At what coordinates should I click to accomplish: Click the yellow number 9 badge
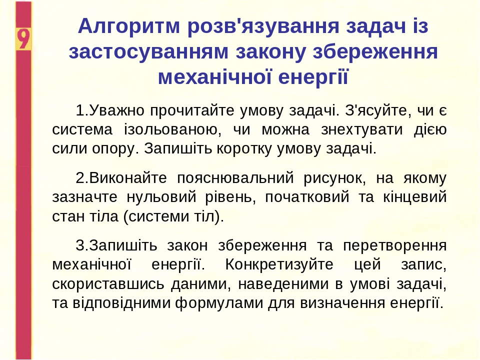(23, 39)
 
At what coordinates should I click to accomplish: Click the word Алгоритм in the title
(129, 27)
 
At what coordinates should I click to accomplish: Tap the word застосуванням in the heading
(148, 51)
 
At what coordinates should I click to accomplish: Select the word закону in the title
(270, 52)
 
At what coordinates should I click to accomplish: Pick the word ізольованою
(172, 129)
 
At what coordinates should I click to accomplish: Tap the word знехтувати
(361, 130)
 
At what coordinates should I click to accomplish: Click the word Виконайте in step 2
(128, 178)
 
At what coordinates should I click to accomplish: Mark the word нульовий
(161, 197)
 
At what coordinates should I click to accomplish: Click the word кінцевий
(415, 197)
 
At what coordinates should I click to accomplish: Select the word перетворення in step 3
(394, 246)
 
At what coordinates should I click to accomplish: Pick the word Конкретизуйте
(279, 264)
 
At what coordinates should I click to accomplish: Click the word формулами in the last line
(219, 303)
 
